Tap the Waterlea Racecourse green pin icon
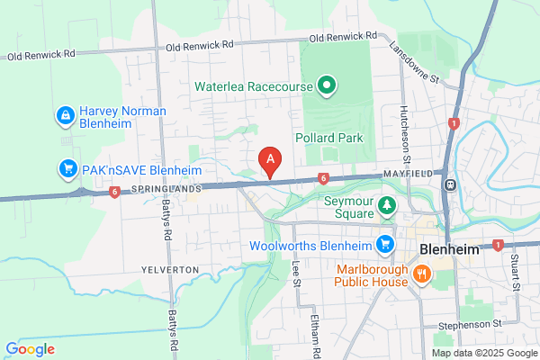click(327, 87)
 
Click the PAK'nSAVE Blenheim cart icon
click(67, 168)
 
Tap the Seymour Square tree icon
click(386, 206)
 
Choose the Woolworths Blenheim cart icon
click(385, 244)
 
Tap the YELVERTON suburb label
click(168, 270)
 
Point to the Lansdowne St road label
click(414, 63)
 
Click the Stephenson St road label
click(469, 322)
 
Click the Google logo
click(30, 349)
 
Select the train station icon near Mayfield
click(449, 184)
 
